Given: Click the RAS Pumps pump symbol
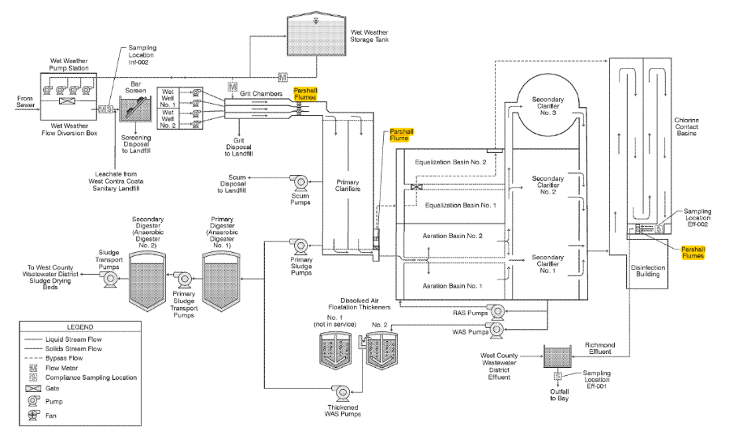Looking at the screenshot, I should coord(497,309).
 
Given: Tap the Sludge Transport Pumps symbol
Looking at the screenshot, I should coord(110,278).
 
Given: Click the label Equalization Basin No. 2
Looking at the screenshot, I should coord(450,161).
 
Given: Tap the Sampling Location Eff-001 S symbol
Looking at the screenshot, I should coord(557,377).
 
